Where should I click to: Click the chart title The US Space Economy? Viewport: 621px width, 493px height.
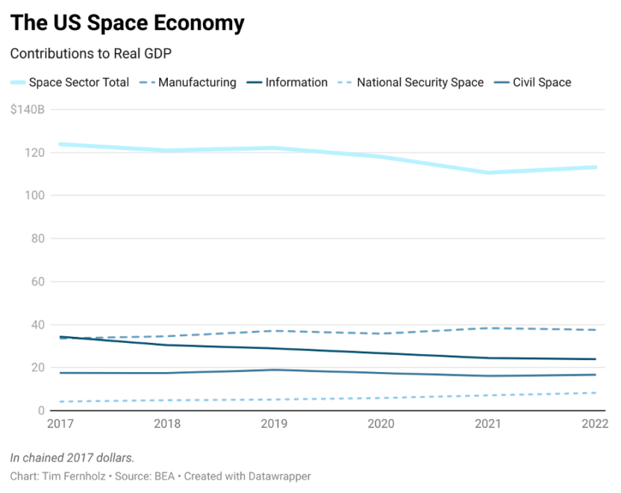[x=127, y=23]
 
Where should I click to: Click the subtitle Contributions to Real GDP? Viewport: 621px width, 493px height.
[x=91, y=54]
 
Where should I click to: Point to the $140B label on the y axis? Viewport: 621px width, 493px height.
[x=27, y=110]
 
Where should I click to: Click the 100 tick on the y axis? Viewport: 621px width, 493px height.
[x=35, y=196]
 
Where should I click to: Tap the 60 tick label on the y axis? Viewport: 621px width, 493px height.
[x=38, y=282]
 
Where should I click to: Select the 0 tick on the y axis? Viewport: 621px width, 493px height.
[x=42, y=411]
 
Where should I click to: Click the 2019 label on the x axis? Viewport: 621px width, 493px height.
[x=275, y=424]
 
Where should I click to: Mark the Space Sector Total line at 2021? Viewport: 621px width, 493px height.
[x=490, y=173]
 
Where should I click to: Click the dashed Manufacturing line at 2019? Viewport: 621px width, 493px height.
[x=275, y=331]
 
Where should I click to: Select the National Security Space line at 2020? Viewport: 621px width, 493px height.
[x=382, y=398]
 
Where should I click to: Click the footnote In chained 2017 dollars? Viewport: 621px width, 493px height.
[x=72, y=457]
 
